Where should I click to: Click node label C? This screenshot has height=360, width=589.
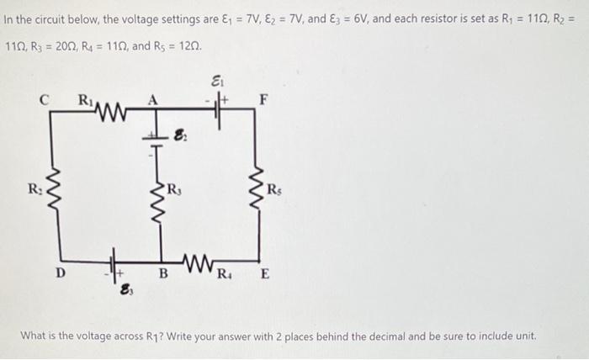click(x=45, y=100)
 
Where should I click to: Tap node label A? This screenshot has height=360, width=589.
click(x=152, y=100)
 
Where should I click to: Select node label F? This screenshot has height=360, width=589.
click(x=264, y=100)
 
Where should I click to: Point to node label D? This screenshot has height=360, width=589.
click(x=61, y=273)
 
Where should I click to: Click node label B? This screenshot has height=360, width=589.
click(x=163, y=273)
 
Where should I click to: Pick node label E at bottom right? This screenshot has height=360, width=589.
click(x=265, y=273)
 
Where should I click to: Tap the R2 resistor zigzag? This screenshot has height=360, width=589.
click(x=54, y=191)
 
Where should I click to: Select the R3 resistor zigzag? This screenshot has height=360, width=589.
click(x=157, y=203)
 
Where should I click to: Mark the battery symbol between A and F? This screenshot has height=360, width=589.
click(x=218, y=109)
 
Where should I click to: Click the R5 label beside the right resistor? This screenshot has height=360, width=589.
click(x=274, y=190)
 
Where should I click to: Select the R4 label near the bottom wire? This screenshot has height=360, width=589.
click(x=225, y=274)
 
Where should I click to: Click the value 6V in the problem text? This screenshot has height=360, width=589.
click(x=361, y=19)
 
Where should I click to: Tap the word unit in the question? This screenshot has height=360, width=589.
click(x=525, y=336)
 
